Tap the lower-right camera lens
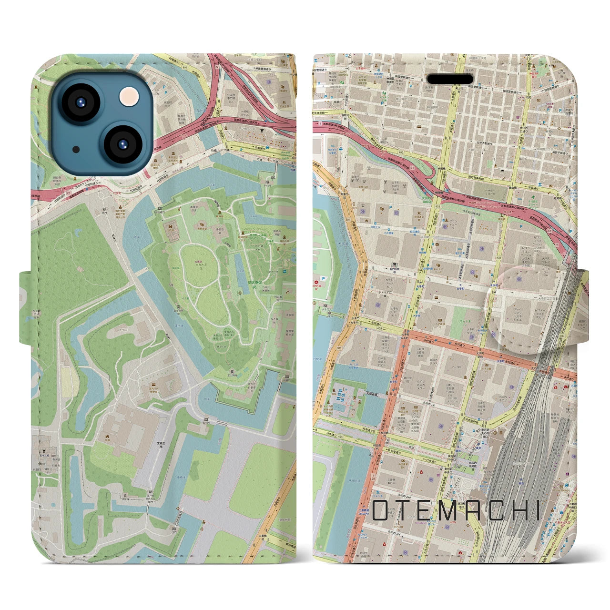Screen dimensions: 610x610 tap(121, 143)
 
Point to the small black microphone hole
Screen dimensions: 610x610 tap(76, 149)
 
